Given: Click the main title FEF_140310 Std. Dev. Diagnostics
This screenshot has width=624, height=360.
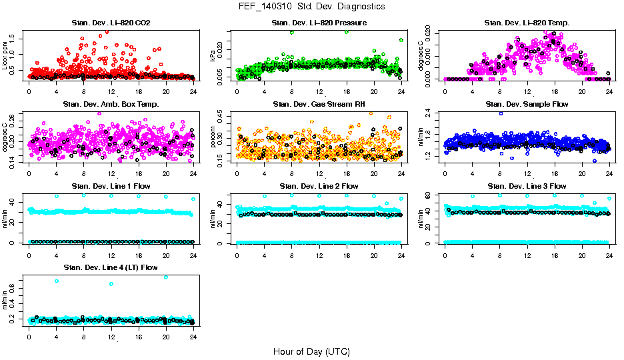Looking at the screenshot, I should (311, 7).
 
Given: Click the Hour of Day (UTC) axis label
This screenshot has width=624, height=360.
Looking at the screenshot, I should (311, 351).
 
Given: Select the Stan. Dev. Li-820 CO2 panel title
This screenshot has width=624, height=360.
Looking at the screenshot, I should (111, 23).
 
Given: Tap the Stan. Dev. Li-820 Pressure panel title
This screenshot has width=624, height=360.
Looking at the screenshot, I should (319, 23).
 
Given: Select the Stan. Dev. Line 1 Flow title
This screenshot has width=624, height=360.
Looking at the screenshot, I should (111, 186).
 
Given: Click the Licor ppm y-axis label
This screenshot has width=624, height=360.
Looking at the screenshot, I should (5, 53).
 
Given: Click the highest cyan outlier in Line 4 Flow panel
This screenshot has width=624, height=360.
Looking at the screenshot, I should (166, 277).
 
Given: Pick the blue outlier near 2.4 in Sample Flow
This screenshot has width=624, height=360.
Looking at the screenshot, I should (500, 113).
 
